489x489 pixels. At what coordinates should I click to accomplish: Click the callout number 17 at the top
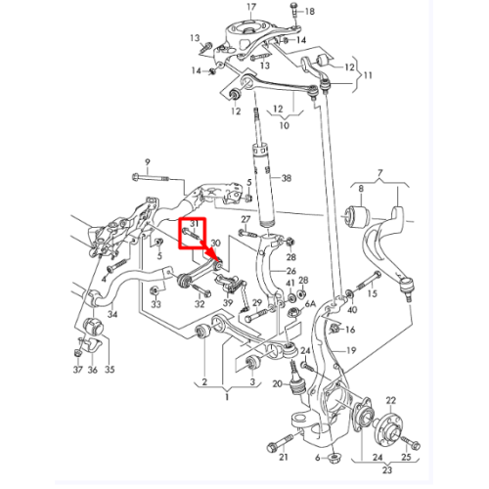(251, 7)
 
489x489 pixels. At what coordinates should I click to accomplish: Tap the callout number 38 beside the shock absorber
(287, 178)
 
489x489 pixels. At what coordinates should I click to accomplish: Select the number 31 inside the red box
(195, 224)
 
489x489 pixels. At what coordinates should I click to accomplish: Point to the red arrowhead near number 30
(216, 256)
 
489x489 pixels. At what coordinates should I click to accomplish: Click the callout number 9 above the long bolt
(148, 162)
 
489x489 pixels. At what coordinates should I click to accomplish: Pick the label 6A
(310, 304)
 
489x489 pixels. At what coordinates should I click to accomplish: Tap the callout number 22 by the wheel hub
(390, 400)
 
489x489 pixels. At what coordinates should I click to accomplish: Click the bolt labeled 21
(281, 442)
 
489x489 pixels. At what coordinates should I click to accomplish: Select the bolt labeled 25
(411, 442)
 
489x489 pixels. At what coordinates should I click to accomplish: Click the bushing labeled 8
(356, 216)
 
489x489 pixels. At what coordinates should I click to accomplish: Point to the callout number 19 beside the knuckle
(351, 351)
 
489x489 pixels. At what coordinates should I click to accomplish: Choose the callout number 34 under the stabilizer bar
(112, 314)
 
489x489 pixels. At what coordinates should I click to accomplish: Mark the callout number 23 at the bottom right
(386, 469)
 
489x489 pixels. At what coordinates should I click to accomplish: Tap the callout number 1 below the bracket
(227, 397)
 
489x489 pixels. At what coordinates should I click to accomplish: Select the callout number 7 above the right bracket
(379, 173)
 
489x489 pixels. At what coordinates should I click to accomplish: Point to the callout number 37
(77, 370)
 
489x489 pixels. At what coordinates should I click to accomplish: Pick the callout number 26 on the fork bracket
(290, 271)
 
